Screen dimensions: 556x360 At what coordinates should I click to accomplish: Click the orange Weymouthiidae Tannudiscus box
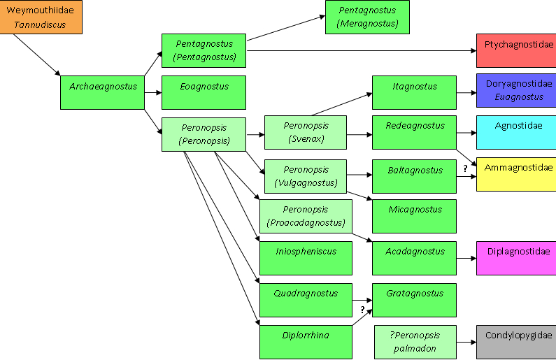[x=41, y=17]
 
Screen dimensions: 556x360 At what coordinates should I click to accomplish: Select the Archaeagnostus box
[x=103, y=92]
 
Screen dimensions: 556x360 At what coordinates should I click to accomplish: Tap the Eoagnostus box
[x=204, y=92]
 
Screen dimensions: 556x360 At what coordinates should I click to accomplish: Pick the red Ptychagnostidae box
[x=516, y=50]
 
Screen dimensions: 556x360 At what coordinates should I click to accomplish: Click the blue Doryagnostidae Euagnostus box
[x=516, y=90]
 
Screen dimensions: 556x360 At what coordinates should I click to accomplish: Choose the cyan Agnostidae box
[x=516, y=132]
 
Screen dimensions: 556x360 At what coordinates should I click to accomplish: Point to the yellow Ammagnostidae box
[x=516, y=174]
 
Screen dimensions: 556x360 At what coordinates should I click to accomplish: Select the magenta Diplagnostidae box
[x=516, y=259]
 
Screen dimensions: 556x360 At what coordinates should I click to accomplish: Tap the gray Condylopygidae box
[x=516, y=343]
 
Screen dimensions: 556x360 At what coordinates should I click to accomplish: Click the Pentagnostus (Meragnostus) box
[x=367, y=17]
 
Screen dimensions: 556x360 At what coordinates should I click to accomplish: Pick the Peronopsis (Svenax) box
[x=306, y=132]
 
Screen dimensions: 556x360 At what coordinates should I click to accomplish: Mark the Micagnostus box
[x=414, y=216]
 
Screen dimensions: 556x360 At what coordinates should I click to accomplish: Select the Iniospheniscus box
[x=306, y=259]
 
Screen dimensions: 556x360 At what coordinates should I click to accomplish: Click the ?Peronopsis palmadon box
[x=415, y=343]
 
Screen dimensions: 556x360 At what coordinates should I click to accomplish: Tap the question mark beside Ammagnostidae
[x=465, y=168]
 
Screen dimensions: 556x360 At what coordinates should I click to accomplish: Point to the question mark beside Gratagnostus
[x=362, y=310]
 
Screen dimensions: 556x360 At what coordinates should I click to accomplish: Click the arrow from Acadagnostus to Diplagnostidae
[x=466, y=259]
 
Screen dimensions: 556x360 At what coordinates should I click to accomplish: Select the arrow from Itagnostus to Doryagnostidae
[x=466, y=92]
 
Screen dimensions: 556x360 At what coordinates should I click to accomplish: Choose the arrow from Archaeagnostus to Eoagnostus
[x=153, y=92]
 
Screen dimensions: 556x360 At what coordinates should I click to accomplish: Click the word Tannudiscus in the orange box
[x=40, y=24]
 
